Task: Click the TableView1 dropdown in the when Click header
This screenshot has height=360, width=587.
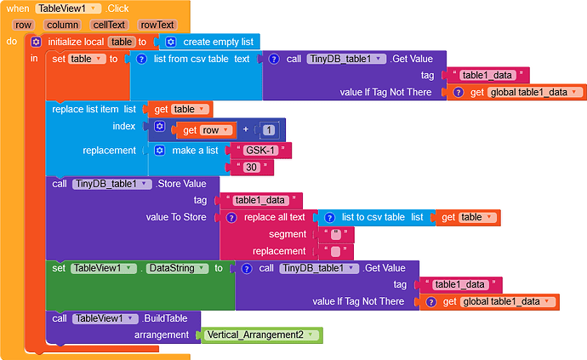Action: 69,9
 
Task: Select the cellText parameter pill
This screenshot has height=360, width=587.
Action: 109,25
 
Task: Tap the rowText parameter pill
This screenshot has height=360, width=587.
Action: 157,25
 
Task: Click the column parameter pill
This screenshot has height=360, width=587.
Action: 62,25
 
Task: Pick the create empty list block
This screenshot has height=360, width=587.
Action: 210,42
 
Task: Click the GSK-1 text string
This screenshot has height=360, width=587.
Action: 260,151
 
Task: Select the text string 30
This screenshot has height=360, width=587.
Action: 252,167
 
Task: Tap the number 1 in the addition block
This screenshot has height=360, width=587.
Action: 269,130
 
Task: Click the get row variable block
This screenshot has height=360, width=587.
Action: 205,130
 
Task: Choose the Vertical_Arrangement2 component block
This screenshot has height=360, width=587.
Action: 261,335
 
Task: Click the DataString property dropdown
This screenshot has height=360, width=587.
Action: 177,268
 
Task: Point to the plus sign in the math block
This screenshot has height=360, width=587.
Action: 246,129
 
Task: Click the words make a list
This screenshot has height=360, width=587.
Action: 195,151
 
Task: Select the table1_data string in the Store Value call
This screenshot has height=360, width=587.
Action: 260,200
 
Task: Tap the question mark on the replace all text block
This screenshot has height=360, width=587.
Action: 231,218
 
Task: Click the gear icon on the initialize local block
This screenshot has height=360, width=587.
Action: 37,42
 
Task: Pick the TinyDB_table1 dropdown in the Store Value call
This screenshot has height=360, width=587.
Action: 112,184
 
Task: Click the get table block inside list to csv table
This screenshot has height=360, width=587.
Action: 468,217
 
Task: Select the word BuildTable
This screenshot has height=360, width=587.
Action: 166,318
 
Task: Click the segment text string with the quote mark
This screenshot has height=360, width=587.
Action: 336,234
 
